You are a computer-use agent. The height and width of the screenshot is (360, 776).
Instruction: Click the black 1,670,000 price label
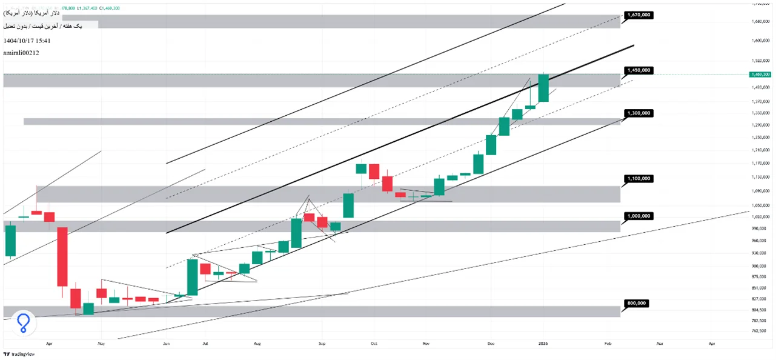tap(638, 15)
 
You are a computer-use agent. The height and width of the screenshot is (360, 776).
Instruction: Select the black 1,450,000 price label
tap(638, 70)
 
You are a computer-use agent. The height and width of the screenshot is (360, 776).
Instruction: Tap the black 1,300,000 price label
tap(638, 113)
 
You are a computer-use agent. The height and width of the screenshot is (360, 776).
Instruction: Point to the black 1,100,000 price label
tap(638, 179)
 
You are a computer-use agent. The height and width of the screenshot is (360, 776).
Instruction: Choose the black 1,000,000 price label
tap(638, 216)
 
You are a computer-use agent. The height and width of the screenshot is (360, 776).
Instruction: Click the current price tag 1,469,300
tap(760, 75)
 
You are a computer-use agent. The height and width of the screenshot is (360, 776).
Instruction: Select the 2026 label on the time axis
tap(543, 343)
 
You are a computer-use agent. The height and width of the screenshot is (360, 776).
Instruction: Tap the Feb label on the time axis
tap(608, 343)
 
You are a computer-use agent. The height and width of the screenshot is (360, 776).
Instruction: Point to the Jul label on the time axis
tap(205, 343)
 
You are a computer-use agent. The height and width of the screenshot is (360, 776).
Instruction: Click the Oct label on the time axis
tap(374, 343)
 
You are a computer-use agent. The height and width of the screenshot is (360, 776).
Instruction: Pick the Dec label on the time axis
tap(490, 343)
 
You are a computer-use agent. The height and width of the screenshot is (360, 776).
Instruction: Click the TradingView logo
tap(19, 355)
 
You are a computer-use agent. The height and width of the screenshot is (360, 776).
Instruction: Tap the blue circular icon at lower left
tap(24, 322)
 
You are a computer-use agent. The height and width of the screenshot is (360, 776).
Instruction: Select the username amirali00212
tap(21, 53)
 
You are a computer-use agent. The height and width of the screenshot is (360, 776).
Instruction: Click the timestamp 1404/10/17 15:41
tap(27, 41)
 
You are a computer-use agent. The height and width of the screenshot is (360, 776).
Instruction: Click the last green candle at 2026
tap(543, 88)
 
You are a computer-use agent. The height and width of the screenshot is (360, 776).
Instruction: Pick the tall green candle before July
tap(192, 277)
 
